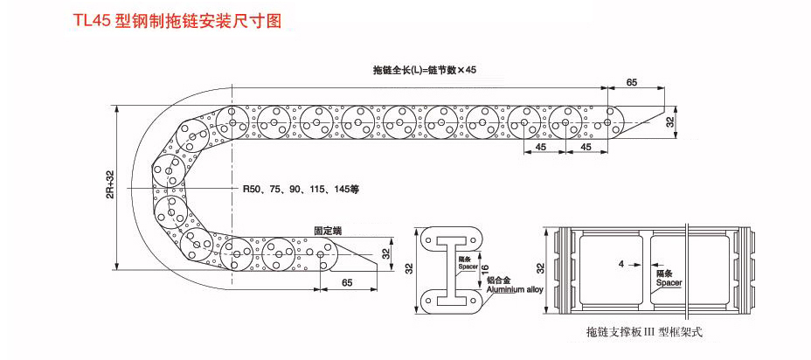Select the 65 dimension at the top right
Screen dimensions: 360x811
click(x=631, y=82)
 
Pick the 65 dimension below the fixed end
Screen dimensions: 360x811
click(x=347, y=282)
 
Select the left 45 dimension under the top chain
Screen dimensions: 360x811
click(x=542, y=148)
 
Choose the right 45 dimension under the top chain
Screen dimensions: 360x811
click(x=586, y=148)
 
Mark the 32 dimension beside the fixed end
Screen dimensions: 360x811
click(x=385, y=253)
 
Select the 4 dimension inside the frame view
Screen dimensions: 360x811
click(x=620, y=263)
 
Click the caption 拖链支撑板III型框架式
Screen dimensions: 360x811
click(x=645, y=333)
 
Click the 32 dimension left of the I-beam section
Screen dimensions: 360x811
click(x=407, y=268)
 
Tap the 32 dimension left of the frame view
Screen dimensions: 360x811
click(x=541, y=268)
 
